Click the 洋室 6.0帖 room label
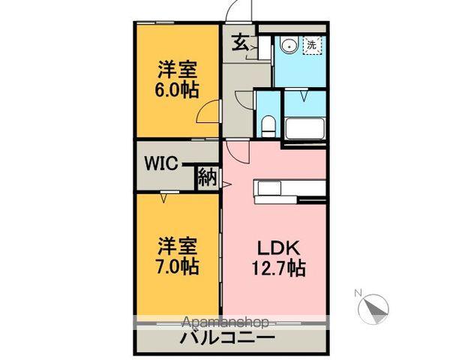(x=178, y=79)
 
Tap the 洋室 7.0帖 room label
(x=178, y=255)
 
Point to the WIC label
(x=161, y=164)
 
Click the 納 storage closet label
(x=207, y=178)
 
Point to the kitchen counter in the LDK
(x=289, y=189)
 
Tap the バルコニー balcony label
(x=226, y=340)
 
